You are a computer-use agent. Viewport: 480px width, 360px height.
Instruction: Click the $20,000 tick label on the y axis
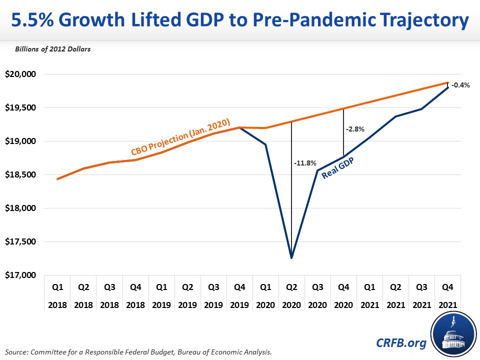pyautogui.click(x=20, y=74)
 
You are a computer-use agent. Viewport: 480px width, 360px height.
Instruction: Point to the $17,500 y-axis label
pyautogui.click(x=20, y=241)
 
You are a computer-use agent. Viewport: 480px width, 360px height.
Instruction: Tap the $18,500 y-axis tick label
pyautogui.click(x=20, y=174)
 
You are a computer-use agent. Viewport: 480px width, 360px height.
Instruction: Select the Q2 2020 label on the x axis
pyautogui.click(x=291, y=296)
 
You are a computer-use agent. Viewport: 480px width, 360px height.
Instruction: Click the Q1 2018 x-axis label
pyautogui.click(x=57, y=296)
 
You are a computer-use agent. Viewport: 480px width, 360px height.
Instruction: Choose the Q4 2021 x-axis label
pyautogui.click(x=447, y=296)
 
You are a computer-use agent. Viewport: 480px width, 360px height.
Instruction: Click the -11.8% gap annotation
pyautogui.click(x=305, y=163)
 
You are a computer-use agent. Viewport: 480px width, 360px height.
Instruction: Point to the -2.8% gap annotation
pyautogui.click(x=355, y=129)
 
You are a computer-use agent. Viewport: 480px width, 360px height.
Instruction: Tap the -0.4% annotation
pyautogui.click(x=460, y=85)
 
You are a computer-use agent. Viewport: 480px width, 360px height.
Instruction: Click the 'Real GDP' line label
pyautogui.click(x=337, y=168)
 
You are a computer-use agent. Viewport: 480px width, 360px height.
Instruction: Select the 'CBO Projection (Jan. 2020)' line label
pyautogui.click(x=180, y=136)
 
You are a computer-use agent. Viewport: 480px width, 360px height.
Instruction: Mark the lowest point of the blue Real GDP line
pyautogui.click(x=291, y=258)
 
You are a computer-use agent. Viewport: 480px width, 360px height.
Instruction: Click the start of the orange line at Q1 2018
pyautogui.click(x=57, y=179)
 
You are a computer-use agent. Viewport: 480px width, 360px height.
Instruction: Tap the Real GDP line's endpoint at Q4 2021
pyautogui.click(x=448, y=87)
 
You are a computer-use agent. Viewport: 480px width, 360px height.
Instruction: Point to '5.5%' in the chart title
pyautogui.click(x=32, y=20)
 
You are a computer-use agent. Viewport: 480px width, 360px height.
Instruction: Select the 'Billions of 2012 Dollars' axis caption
pyautogui.click(x=52, y=49)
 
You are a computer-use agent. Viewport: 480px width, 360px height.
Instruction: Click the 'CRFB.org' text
pyautogui.click(x=401, y=343)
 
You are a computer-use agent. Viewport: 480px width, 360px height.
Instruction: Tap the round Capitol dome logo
pyautogui.click(x=453, y=334)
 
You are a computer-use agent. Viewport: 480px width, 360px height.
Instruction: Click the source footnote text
pyautogui.click(x=138, y=352)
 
